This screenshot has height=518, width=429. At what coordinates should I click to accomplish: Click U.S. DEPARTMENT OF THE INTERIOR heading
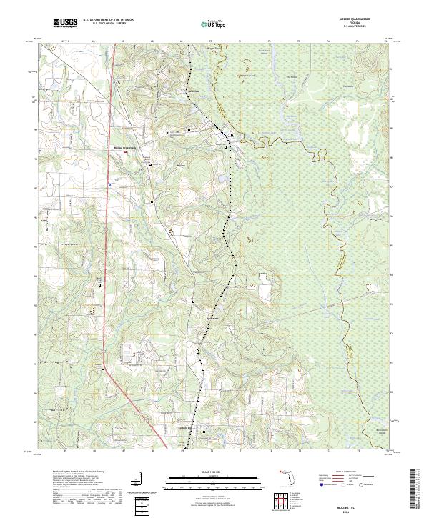pos(108,20)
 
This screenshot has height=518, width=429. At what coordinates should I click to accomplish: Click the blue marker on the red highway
pos(109,184)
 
